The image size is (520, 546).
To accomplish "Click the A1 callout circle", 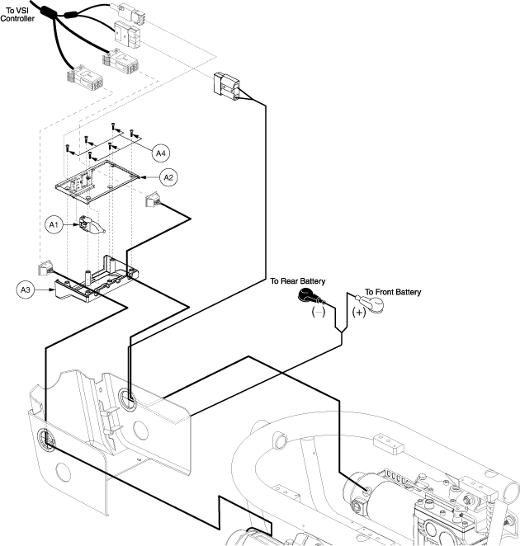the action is [x=54, y=224].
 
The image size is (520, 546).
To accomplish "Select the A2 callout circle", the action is [x=168, y=177].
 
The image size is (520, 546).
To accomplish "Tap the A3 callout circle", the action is [x=26, y=289].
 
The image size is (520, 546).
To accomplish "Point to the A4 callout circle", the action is [x=161, y=153].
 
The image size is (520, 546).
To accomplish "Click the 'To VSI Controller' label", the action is [x=17, y=15].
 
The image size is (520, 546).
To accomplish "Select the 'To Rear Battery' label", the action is [x=298, y=281].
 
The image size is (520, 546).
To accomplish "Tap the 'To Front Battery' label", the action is [x=393, y=292].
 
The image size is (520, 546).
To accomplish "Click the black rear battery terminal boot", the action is [x=309, y=297].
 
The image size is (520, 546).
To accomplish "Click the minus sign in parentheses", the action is [x=319, y=312].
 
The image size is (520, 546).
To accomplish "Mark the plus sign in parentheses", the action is [x=359, y=313].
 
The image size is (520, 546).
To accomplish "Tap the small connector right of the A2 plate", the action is [x=153, y=200].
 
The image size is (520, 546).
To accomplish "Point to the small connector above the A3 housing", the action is [x=45, y=268].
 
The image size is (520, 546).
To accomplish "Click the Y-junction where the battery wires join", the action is [x=342, y=332].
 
